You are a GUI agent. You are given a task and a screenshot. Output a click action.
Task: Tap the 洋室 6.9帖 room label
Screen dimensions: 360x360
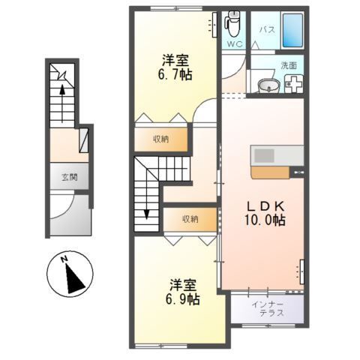pos(183,292)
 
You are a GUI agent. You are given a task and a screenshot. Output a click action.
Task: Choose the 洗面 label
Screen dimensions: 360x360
pos(289,65)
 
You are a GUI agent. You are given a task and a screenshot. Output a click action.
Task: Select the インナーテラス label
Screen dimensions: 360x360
pos(267,307)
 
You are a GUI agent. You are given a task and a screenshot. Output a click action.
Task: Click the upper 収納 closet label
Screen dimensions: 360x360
pos(160,139)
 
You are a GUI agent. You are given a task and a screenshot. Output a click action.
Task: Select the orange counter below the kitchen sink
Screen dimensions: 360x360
pos(270,172)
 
